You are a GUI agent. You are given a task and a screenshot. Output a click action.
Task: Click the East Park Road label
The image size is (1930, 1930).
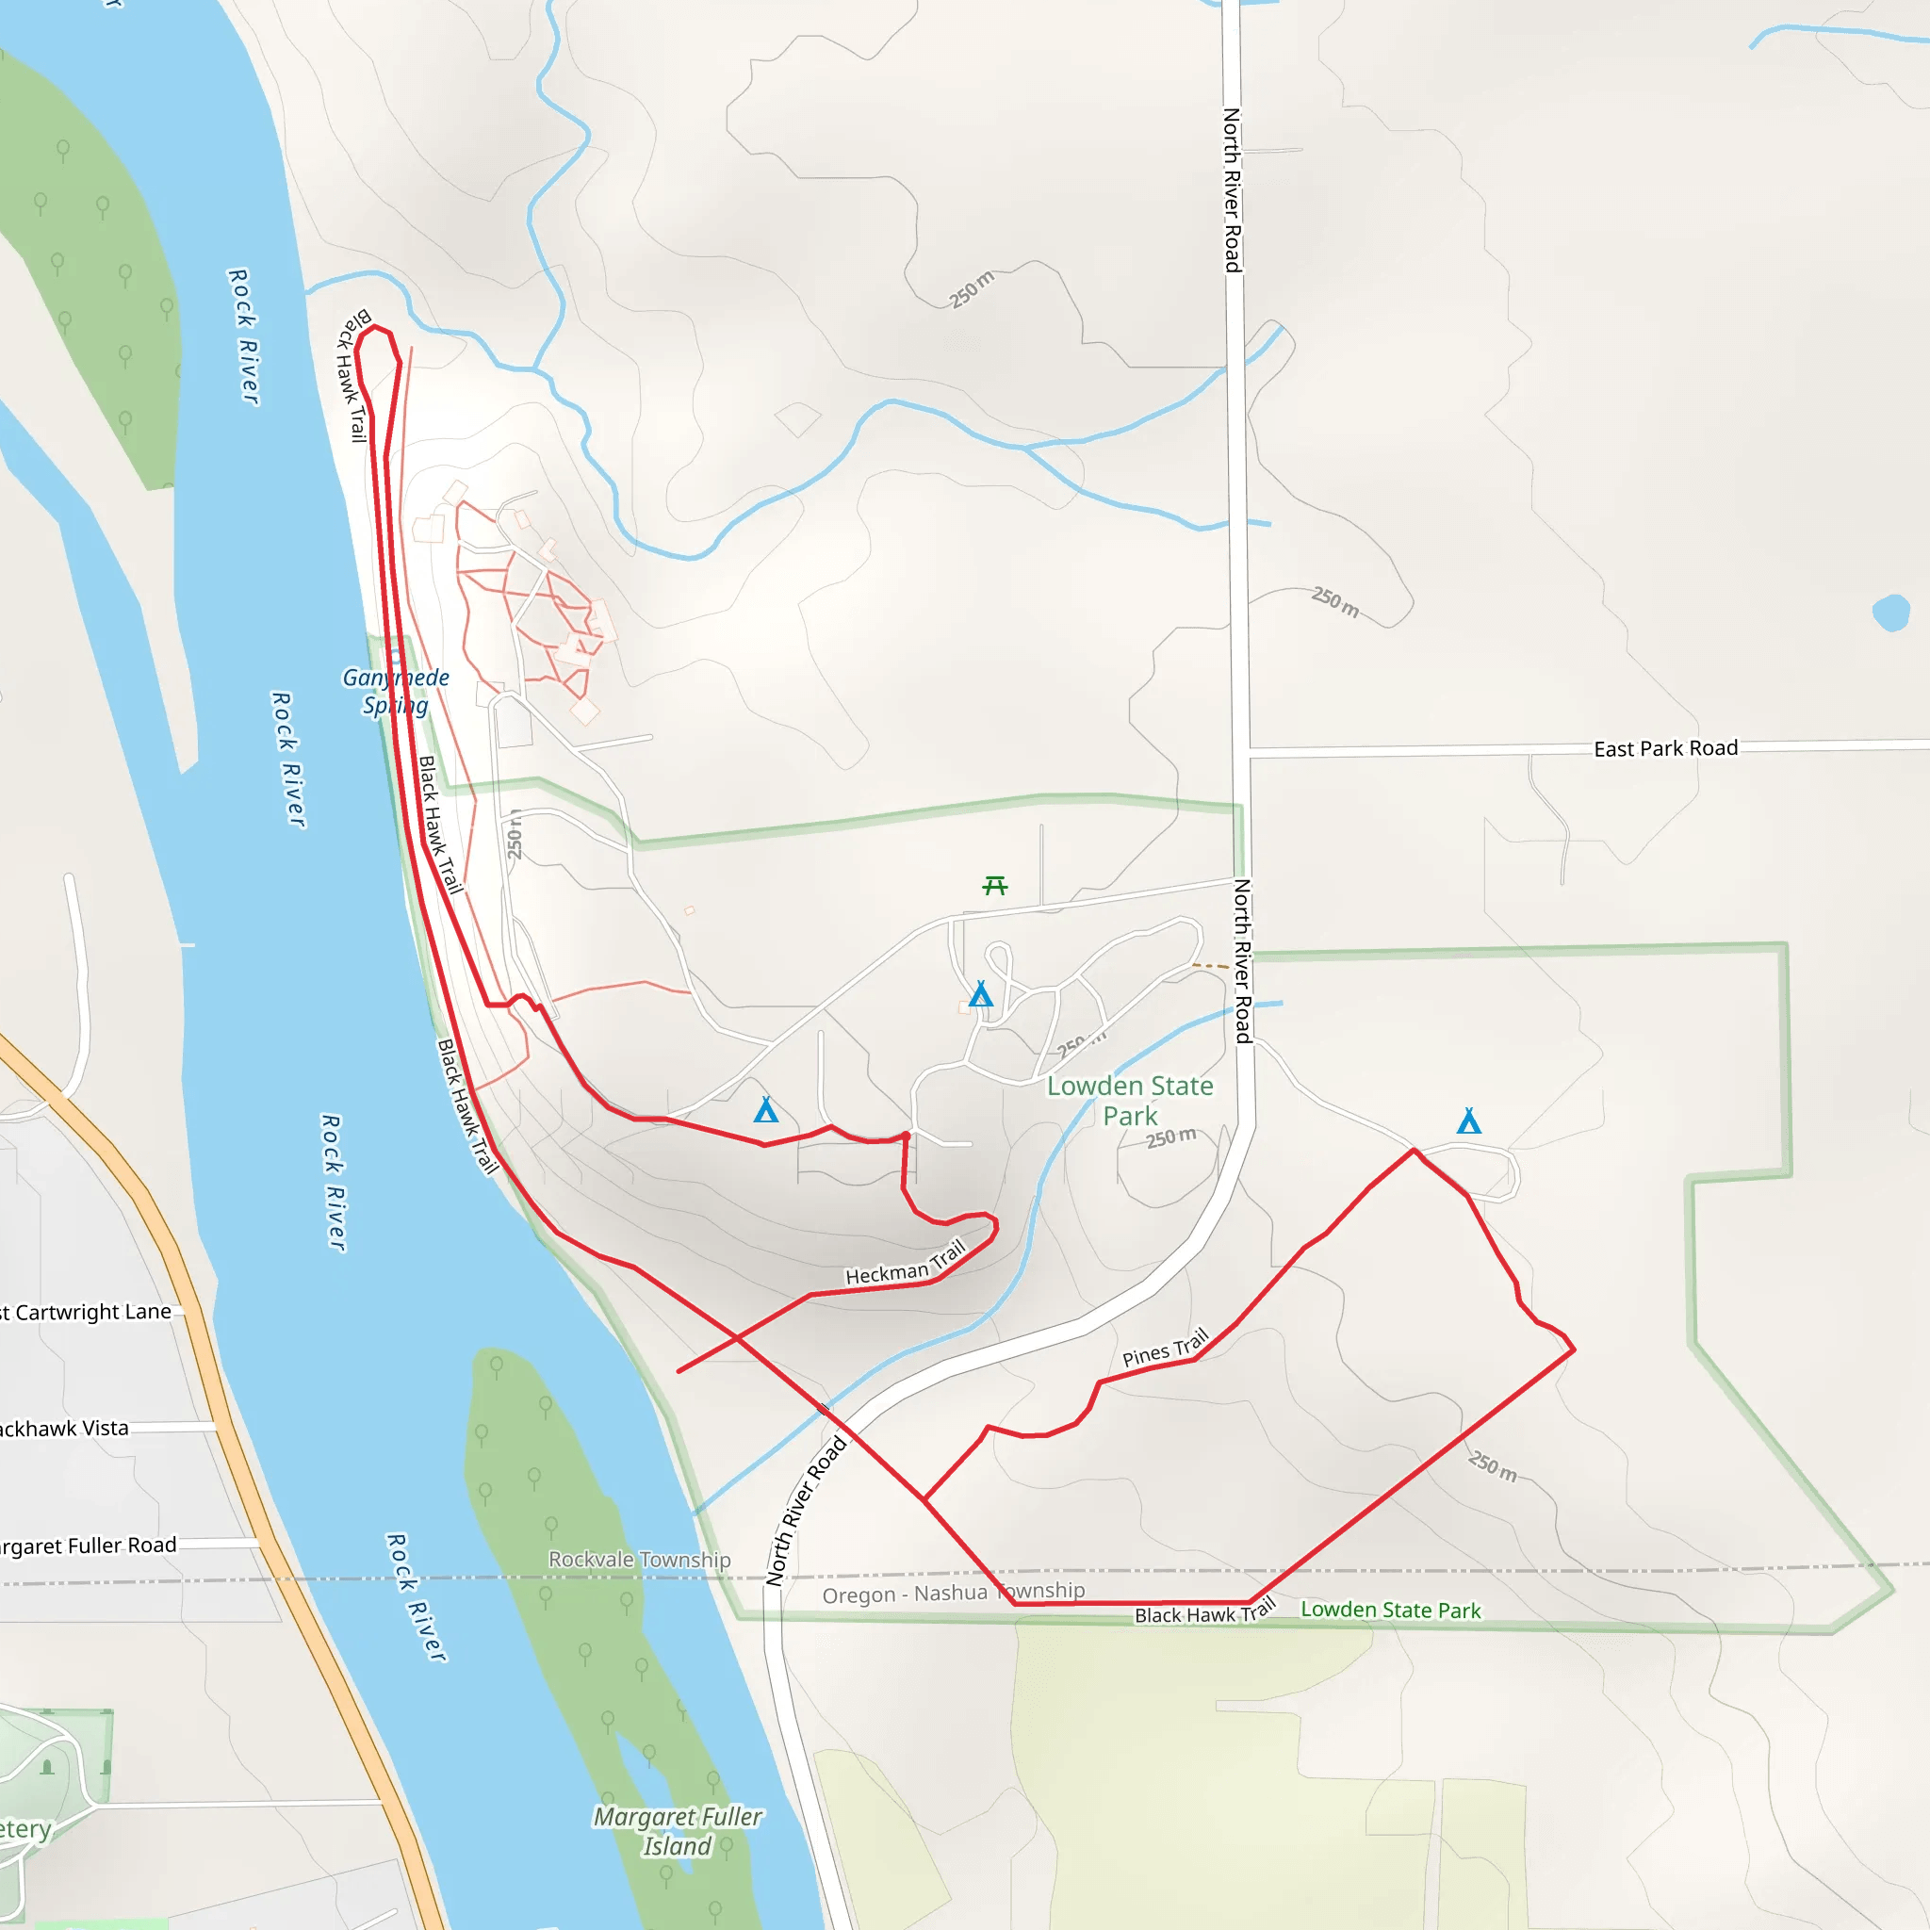[1665, 748]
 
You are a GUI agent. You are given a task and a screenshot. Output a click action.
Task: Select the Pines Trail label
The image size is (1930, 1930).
[1165, 1347]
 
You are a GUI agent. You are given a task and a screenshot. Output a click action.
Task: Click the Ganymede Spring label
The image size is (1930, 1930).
[396, 692]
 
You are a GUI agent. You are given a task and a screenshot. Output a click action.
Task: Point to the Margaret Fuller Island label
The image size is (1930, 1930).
[678, 1830]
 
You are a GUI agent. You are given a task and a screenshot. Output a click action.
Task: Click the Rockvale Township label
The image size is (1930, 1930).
[639, 1560]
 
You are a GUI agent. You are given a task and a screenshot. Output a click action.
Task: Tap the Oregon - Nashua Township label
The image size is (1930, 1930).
[953, 1593]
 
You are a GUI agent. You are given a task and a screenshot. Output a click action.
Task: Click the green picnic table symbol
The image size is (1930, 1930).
[995, 885]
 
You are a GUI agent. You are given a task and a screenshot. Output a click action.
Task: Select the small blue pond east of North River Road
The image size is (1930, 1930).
[1890, 613]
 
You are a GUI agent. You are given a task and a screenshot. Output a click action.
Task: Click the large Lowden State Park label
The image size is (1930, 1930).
[1130, 1100]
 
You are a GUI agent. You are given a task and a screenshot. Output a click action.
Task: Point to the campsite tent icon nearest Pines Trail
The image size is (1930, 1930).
[1468, 1120]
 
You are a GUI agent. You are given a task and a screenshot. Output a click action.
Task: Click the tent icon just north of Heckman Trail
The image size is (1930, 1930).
[766, 1110]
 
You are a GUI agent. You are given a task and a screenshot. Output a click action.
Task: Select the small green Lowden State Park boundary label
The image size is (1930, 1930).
[1391, 1610]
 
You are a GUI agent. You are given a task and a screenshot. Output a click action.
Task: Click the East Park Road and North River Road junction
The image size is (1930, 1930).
[1242, 750]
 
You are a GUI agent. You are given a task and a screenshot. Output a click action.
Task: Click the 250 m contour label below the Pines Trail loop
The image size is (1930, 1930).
[1493, 1466]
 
